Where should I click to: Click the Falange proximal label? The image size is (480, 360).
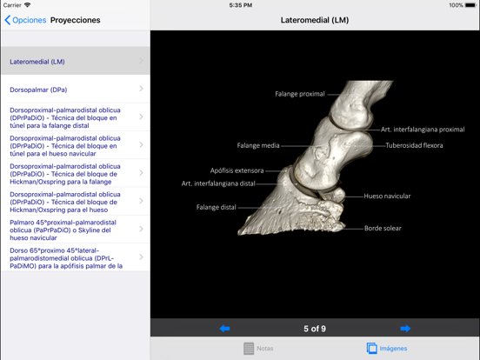click(x=300, y=94)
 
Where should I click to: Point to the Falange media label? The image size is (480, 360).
click(x=258, y=145)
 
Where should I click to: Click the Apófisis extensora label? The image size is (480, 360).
click(x=237, y=170)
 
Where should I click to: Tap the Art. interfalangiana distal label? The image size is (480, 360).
click(x=218, y=183)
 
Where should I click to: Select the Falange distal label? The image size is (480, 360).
click(x=216, y=207)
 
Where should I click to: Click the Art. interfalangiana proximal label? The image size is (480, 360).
click(x=423, y=130)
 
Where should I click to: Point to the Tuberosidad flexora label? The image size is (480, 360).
click(x=414, y=145)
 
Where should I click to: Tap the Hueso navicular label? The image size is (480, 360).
click(x=387, y=196)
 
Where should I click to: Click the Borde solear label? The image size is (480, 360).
click(x=383, y=229)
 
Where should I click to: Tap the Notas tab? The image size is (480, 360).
click(x=258, y=349)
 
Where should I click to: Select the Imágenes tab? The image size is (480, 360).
click(x=387, y=349)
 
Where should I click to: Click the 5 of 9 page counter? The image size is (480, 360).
click(x=315, y=329)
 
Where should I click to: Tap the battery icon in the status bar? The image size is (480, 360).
click(x=470, y=5)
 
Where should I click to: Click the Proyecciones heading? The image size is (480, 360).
click(x=76, y=20)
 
